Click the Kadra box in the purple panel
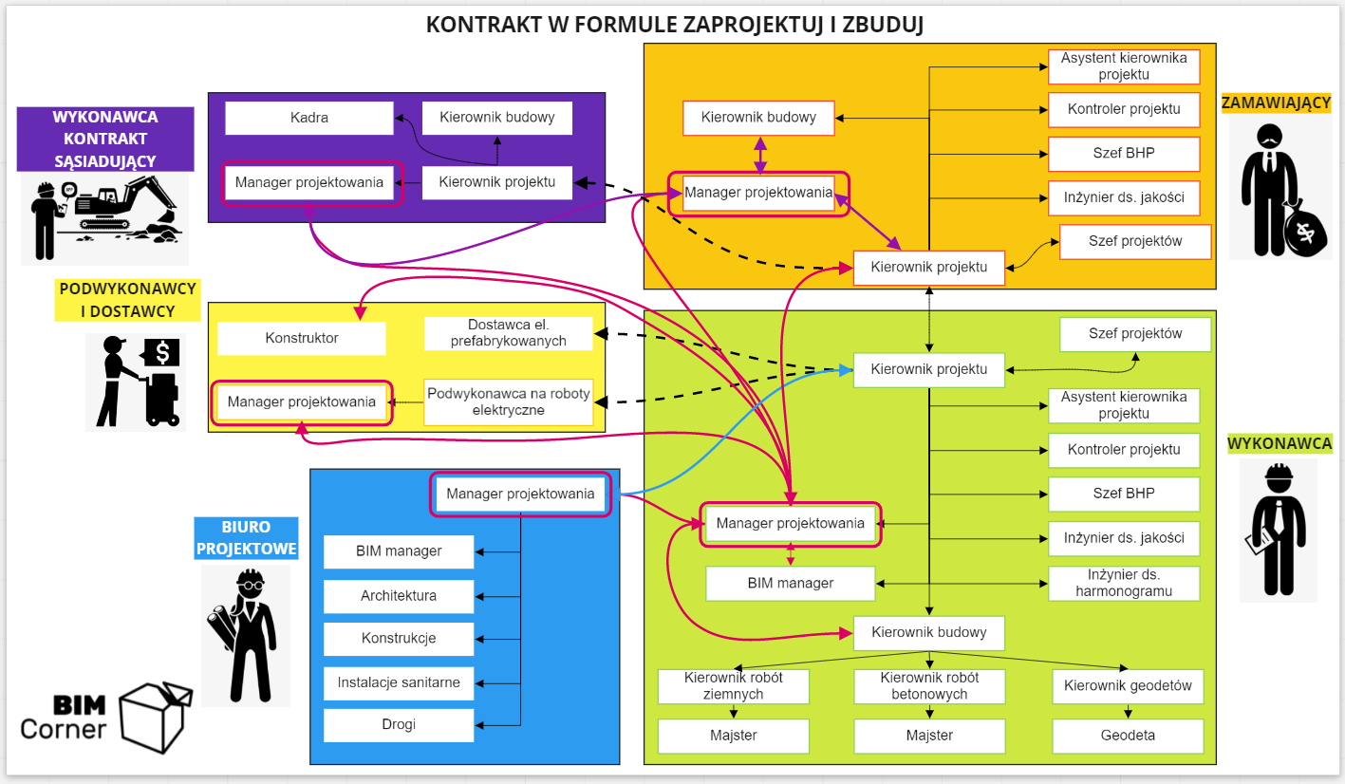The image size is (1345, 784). coord(309,118)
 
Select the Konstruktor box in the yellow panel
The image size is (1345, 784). coord(302,338)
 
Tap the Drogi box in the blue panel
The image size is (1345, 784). coord(399,724)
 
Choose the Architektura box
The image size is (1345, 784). coord(399,596)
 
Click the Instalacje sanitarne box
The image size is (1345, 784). coord(399,682)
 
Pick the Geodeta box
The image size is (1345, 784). coord(1128,736)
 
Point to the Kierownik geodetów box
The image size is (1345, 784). coord(1128,686)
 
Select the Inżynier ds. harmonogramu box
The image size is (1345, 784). coord(1124,583)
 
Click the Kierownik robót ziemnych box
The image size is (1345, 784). coord(733,686)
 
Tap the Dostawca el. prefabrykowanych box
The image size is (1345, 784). coord(509,333)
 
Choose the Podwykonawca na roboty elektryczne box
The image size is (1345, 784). coord(509,402)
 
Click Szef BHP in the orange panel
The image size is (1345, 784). coord(1124,154)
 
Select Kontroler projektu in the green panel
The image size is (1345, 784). coord(1124,450)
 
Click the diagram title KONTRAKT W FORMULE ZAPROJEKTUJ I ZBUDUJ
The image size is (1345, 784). coord(674,25)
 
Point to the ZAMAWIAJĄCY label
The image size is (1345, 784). coord(1276,103)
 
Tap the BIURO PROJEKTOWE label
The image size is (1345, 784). coord(246,538)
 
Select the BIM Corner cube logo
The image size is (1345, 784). coord(156,718)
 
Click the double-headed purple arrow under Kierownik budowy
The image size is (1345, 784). coord(760,156)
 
